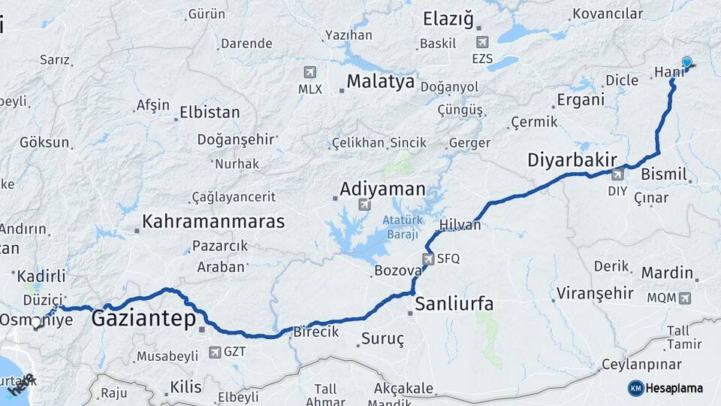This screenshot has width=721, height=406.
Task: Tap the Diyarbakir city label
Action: (x=572, y=159)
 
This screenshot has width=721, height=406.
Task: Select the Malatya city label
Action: (x=380, y=81)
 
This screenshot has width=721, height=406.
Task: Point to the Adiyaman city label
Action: (x=382, y=189)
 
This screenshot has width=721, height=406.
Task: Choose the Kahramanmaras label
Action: (x=213, y=222)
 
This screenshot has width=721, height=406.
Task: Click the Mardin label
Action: (x=667, y=272)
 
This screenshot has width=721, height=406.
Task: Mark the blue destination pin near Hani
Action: (x=686, y=63)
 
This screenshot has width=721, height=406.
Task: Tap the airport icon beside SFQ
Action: (x=428, y=259)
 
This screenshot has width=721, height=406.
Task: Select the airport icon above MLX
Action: (x=309, y=72)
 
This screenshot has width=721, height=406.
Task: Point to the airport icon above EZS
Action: (x=481, y=42)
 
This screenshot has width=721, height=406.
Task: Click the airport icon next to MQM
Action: (x=684, y=298)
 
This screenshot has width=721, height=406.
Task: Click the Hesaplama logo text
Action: (x=675, y=389)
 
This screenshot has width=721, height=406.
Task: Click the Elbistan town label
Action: (x=210, y=113)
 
